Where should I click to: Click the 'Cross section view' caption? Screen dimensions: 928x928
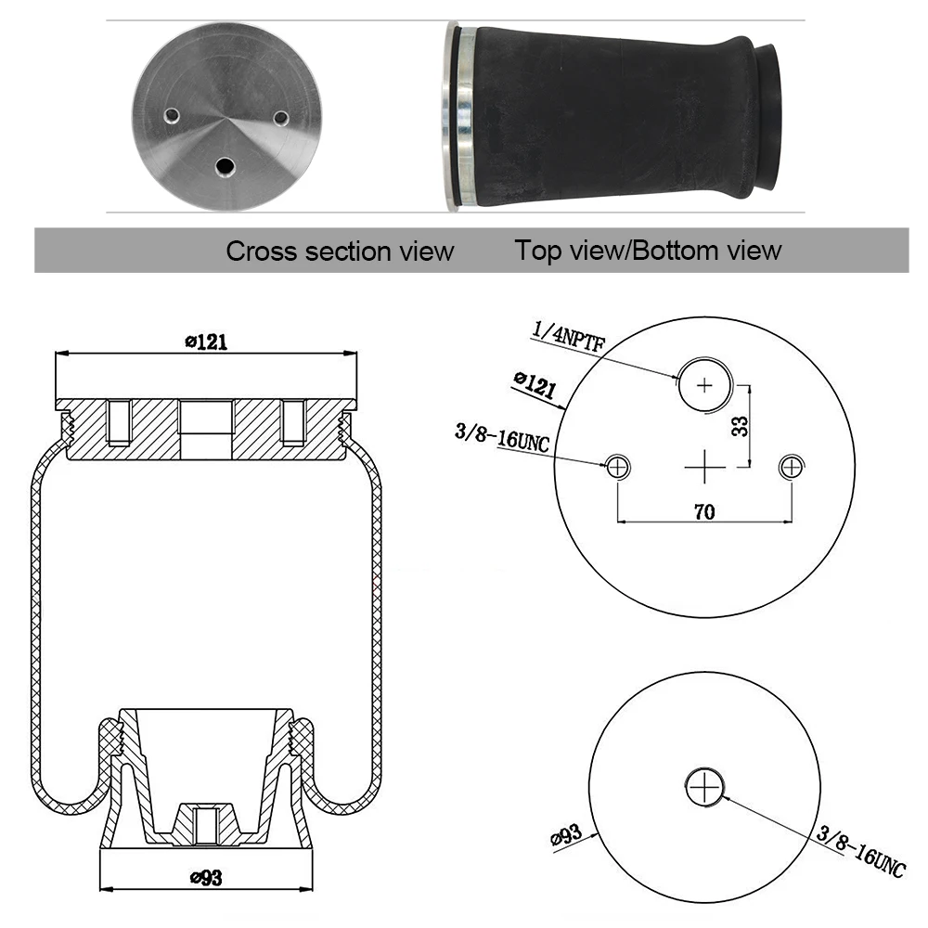click(x=340, y=251)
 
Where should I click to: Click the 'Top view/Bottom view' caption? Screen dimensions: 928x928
click(x=648, y=251)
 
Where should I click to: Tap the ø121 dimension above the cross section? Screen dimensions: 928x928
click(x=206, y=342)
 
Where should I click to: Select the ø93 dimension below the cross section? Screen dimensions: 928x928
click(x=207, y=877)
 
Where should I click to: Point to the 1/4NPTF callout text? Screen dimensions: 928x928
click(x=568, y=336)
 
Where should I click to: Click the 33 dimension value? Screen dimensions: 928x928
click(x=740, y=426)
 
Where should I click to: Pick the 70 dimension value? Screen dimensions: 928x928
click(x=704, y=511)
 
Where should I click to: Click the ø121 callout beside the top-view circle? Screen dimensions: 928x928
click(x=535, y=385)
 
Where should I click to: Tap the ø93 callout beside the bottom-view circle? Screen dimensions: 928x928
click(x=566, y=836)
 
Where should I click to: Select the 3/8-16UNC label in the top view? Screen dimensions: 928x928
click(x=502, y=437)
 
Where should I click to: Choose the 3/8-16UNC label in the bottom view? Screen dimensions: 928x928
click(x=861, y=852)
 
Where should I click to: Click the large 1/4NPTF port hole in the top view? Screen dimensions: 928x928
click(x=704, y=385)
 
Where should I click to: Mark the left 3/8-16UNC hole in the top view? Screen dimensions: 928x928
click(x=617, y=467)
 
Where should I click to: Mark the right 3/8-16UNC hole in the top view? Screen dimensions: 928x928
click(x=792, y=467)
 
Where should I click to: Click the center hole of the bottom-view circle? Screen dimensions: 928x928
click(x=704, y=788)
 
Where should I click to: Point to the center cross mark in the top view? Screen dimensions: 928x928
click(x=704, y=467)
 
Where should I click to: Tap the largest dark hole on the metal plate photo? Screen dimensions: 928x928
click(x=225, y=166)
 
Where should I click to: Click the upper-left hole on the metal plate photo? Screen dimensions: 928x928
click(x=172, y=115)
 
